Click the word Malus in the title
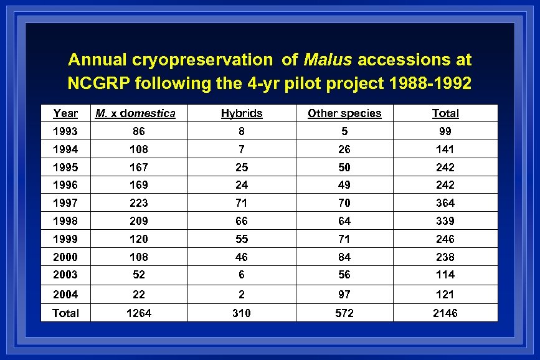tap(328, 60)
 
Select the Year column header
tap(65, 113)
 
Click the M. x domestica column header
tap(135, 113)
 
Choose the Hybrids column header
tap(242, 113)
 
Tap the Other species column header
tap(344, 113)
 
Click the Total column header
tap(445, 113)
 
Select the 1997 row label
tap(65, 203)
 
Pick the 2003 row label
tap(65, 275)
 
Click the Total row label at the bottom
tap(65, 313)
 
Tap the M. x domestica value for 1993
tap(139, 131)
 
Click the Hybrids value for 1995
tap(242, 168)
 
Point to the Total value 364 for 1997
tap(445, 203)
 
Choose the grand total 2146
tap(445, 313)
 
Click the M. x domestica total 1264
tap(139, 313)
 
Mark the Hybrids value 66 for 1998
tap(242, 221)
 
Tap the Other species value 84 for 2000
tap(344, 257)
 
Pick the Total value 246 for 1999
tap(445, 239)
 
